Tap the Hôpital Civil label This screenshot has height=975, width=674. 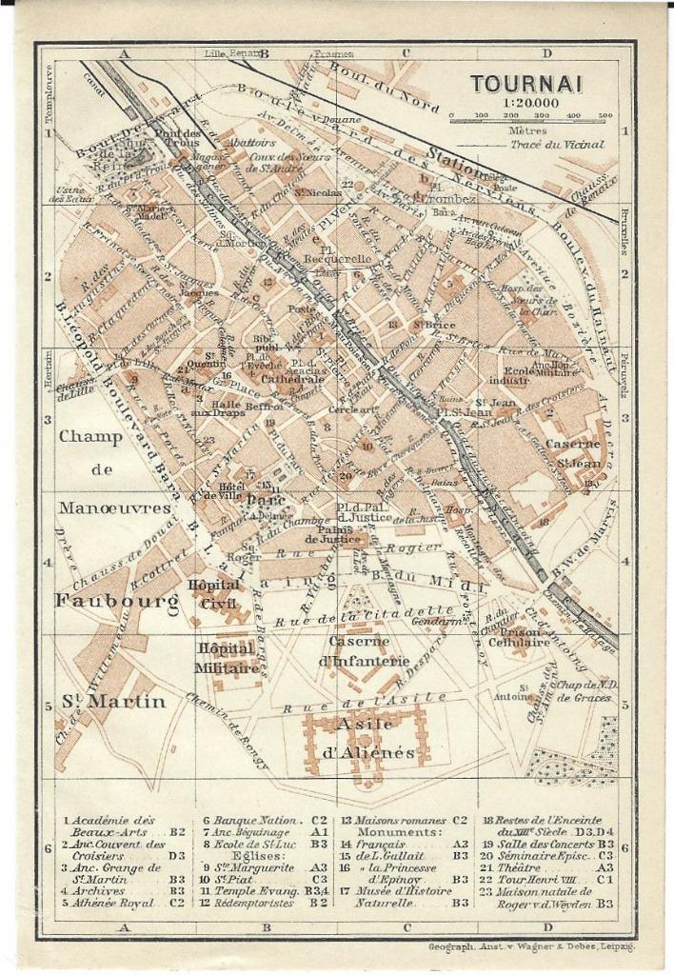coord(214,592)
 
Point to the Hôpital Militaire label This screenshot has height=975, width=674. coord(227,658)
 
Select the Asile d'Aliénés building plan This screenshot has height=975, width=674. coord(367,738)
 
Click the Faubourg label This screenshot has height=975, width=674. coord(116,601)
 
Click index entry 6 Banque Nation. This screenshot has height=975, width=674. coord(255,820)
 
